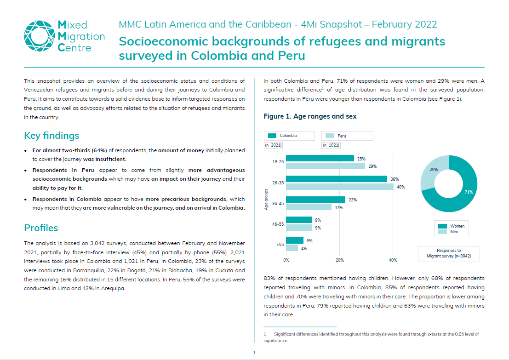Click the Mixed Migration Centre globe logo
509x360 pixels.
click(39, 36)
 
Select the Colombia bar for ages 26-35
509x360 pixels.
click(337, 179)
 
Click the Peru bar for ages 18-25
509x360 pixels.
click(326, 166)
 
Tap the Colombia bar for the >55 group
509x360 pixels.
click(295, 240)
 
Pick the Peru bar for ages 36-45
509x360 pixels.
click(309, 207)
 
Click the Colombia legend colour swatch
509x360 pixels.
click(272, 136)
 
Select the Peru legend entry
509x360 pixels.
click(347, 136)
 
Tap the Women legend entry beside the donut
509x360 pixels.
click(451, 226)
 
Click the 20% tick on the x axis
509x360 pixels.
click(339, 260)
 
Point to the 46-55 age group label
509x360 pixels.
click(278, 224)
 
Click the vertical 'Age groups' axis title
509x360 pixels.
click(266, 200)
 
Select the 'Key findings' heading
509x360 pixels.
click(51, 136)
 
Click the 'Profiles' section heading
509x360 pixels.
click(41, 228)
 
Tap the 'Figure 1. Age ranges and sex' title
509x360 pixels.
click(310, 116)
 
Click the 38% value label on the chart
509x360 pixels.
click(395, 179)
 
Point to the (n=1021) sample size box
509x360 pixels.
click(331, 145)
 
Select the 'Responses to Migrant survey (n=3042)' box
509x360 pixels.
click(449, 253)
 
